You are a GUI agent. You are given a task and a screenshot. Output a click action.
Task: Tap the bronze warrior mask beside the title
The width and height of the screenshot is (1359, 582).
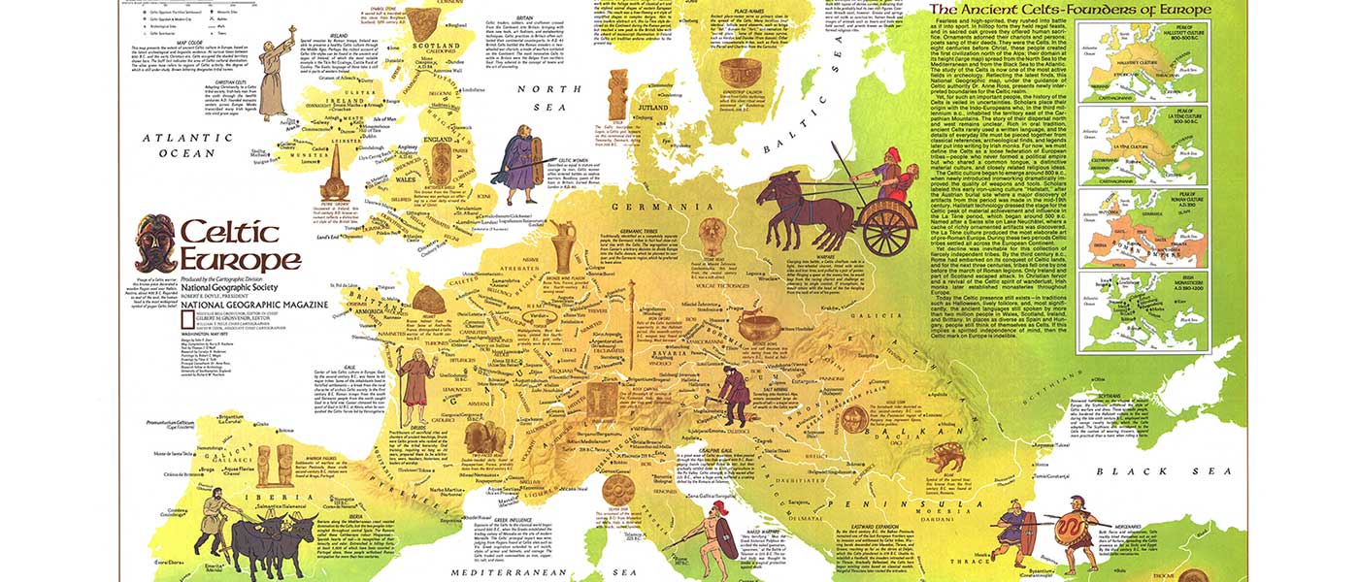coord(154,244)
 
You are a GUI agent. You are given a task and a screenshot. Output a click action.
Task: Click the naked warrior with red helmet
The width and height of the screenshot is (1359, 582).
coord(717,533)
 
